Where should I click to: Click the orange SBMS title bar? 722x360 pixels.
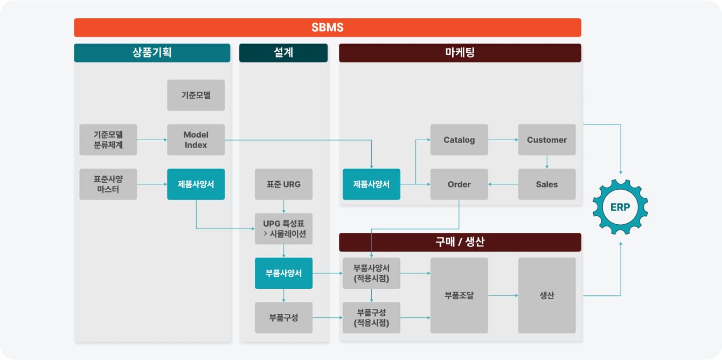point(328,27)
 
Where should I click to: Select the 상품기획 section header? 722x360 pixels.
point(152,52)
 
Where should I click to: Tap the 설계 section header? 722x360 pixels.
point(283,52)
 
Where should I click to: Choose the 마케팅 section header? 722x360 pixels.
point(460,52)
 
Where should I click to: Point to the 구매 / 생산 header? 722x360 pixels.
point(460,242)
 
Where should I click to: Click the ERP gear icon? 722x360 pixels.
point(620,207)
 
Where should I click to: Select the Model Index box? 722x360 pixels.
point(196,140)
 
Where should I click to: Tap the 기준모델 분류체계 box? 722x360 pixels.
point(108,140)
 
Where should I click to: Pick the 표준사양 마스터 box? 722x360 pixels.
point(108,184)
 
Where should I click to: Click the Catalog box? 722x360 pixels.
point(459,140)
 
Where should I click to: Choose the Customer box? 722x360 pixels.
point(547,140)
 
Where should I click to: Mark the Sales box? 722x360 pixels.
point(547,184)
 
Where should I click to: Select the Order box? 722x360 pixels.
point(459,184)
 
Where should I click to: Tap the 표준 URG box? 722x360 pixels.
point(283,184)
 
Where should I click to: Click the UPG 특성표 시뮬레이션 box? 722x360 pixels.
point(283,229)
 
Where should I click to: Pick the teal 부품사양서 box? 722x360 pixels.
point(283,273)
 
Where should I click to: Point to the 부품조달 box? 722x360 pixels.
point(459,295)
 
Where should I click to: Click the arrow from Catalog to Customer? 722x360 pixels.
point(503,140)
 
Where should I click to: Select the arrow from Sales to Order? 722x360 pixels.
point(503,184)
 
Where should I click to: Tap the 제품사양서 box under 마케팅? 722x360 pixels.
point(371,184)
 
